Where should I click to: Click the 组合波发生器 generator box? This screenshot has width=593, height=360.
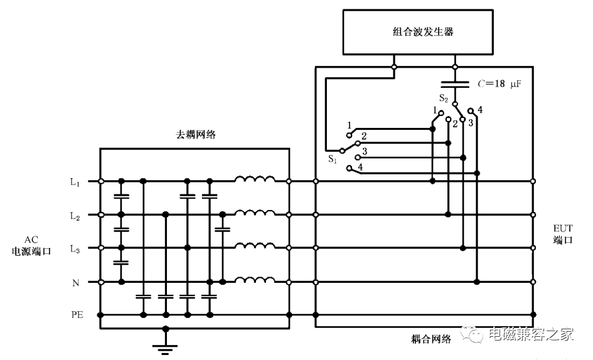point(418,32)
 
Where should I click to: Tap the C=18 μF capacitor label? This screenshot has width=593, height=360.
point(500,84)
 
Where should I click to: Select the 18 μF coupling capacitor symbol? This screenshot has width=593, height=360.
point(456,84)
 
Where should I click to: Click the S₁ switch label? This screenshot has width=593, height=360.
point(333,159)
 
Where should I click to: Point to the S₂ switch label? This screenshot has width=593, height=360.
point(444,98)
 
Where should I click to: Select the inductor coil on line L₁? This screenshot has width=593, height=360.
point(255,179)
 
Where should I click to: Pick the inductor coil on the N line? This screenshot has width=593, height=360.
point(255,280)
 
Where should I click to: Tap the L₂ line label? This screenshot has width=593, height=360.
point(75,216)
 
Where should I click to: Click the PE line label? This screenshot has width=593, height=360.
point(77,314)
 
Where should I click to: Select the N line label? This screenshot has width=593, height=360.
point(76,282)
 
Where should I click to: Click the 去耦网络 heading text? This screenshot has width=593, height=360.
point(196,134)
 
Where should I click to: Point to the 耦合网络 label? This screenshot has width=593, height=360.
point(431,339)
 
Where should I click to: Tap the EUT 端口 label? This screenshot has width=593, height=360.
point(563,234)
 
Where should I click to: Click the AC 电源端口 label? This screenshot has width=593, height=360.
point(31,245)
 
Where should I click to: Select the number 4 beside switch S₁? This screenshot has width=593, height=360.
point(360,166)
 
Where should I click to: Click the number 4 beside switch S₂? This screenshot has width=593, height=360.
point(480,110)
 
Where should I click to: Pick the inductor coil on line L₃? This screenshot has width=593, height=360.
point(255,246)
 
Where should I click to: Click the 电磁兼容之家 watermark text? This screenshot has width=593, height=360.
point(531,334)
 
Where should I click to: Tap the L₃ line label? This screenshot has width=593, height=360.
point(75,249)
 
